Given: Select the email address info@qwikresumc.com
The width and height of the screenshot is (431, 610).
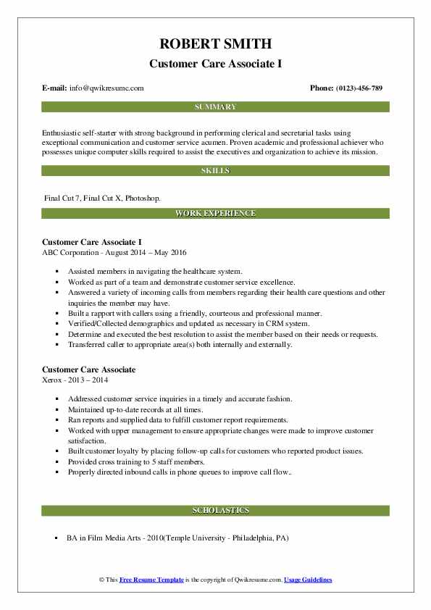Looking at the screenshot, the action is click(x=106, y=88).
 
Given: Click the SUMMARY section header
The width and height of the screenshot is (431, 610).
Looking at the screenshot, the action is click(x=215, y=106).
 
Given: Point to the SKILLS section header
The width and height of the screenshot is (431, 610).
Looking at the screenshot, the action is click(x=215, y=170).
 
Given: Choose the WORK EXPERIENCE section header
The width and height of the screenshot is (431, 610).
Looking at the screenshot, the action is click(x=215, y=213).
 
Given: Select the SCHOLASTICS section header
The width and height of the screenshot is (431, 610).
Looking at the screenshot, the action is click(x=215, y=510).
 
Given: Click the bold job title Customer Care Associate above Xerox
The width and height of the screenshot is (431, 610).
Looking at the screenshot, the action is click(x=89, y=369).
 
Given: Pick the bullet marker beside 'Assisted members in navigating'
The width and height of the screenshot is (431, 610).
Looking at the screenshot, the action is click(x=56, y=271).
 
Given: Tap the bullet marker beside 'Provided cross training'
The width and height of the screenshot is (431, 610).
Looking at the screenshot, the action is click(x=56, y=461).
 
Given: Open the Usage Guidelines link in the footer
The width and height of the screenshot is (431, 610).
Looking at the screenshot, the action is click(x=308, y=580).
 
